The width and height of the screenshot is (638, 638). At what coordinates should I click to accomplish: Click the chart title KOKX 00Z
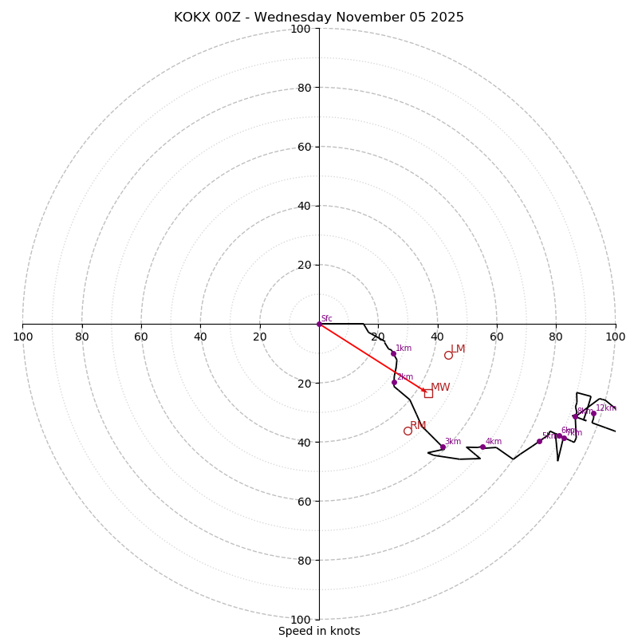point(318,18)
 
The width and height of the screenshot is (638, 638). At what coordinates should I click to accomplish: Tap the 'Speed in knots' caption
point(319,631)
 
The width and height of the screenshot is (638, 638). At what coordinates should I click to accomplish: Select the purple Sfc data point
point(319,324)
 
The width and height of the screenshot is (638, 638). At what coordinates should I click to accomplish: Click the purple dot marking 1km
point(393,353)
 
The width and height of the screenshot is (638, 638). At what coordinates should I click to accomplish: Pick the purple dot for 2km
point(394,382)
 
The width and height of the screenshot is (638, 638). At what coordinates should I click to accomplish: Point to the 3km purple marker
point(443,447)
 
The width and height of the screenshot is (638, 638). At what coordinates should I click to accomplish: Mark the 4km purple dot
point(482,447)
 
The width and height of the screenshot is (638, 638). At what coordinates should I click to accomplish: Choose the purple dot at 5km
point(539,441)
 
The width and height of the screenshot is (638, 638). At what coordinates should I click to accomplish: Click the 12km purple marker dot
point(593,413)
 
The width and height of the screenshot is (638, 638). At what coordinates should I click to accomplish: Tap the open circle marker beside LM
point(448,355)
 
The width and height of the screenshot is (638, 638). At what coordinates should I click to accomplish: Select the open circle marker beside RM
point(408,431)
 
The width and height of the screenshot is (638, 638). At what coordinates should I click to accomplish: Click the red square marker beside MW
point(428,393)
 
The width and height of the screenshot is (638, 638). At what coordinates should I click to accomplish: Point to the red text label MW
point(440,388)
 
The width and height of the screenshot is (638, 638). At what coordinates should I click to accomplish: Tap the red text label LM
point(458,349)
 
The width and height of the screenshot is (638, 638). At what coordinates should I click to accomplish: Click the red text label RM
point(418,426)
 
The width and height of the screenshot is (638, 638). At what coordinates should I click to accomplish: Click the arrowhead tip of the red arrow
point(427,392)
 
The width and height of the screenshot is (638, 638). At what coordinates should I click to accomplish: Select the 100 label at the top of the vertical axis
point(301,29)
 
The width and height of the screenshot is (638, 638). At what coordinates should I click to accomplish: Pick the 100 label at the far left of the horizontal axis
point(22,337)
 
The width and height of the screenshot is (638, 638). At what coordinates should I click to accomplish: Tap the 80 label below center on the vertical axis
point(305,560)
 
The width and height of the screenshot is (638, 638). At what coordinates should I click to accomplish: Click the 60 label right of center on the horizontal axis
point(497,337)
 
